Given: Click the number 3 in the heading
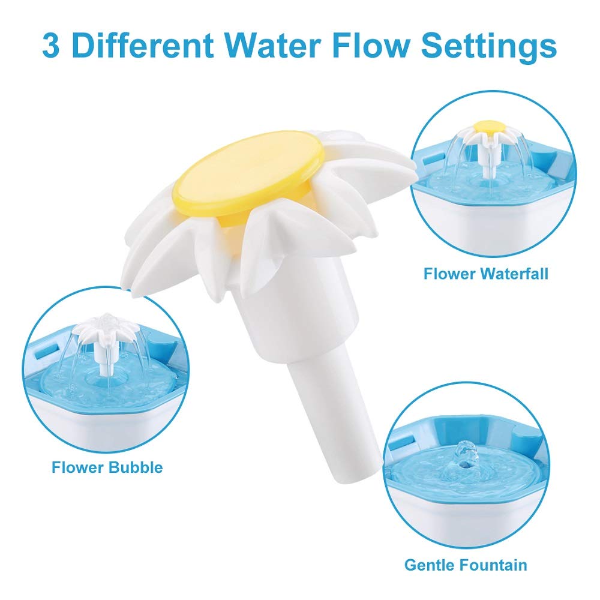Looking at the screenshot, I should (x=52, y=45).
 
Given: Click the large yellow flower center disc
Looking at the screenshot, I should (x=250, y=174).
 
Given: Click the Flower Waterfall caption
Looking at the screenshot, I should (x=486, y=274).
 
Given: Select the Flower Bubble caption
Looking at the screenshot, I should (x=107, y=467).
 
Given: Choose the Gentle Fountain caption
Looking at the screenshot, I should (x=466, y=565).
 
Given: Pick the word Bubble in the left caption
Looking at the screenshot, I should (x=136, y=467).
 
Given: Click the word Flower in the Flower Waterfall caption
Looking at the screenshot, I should (x=446, y=274).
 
